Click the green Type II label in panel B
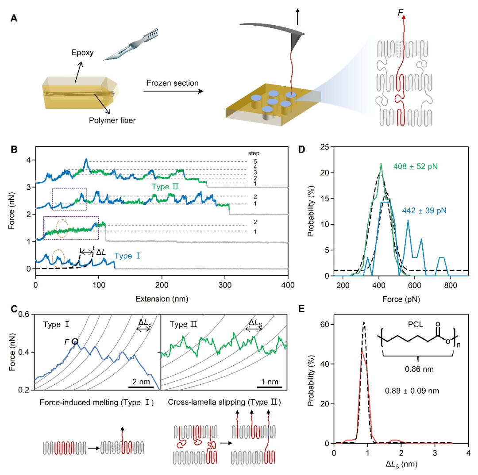pyautogui.click(x=165, y=187)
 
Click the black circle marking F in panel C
pyautogui.click(x=75, y=341)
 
